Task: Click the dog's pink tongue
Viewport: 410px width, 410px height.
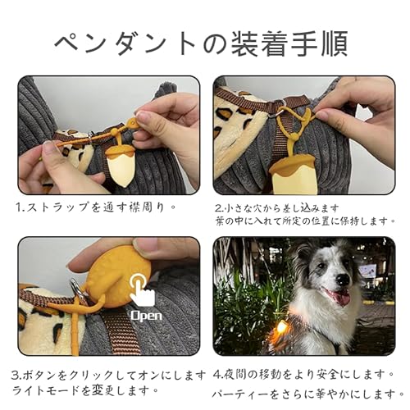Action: click(x=339, y=298)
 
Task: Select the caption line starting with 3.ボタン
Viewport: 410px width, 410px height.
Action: click(x=107, y=374)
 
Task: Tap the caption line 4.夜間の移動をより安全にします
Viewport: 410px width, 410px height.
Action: click(x=303, y=374)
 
